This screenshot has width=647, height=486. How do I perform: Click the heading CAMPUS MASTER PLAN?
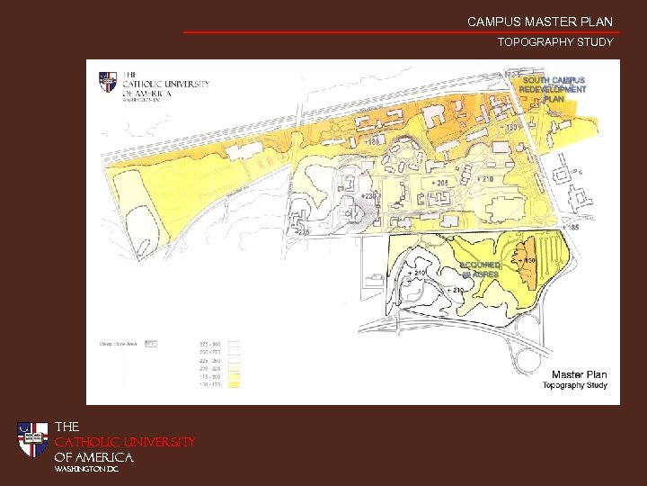pos(539,22)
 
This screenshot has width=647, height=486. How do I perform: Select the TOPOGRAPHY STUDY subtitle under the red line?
pos(555,42)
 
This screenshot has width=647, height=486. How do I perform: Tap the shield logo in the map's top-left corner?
pos(108,82)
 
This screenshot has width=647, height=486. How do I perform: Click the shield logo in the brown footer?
pos(33,439)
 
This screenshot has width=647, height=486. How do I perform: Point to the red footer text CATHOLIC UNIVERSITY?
pos(125,442)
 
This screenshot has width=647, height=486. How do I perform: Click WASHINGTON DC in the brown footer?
pos(86,469)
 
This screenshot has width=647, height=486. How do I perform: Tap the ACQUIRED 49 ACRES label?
pos(480,269)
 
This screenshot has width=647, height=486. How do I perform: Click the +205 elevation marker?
pos(439,184)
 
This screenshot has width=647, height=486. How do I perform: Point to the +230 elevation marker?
pos(368,195)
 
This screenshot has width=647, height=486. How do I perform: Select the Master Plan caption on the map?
pos(579,374)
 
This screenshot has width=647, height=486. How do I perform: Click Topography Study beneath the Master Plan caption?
pos(574,386)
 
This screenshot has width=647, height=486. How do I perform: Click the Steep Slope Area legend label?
pos(117,343)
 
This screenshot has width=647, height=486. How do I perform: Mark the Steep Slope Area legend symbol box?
pos(151,343)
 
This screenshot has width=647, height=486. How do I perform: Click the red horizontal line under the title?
pos(401,32)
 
